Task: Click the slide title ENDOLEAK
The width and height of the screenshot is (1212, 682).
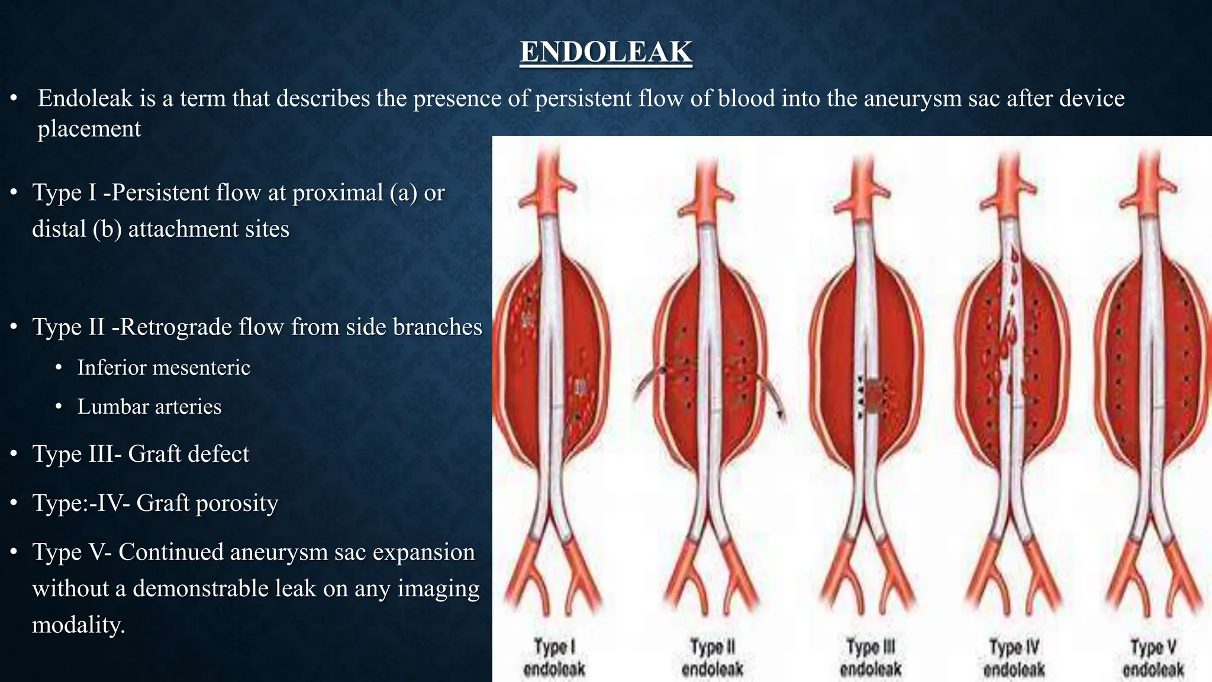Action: click(606, 52)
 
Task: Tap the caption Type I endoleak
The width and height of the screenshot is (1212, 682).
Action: click(554, 658)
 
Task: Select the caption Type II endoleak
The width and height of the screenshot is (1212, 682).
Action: click(712, 658)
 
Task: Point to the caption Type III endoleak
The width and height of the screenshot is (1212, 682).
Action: click(871, 658)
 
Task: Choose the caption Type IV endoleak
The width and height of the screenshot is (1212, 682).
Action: click(1014, 658)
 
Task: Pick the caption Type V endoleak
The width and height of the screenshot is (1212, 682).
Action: click(1153, 658)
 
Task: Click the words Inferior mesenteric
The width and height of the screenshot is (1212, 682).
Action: click(164, 368)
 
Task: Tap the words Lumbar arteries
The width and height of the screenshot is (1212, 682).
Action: click(150, 407)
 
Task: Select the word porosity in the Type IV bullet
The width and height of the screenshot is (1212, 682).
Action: click(237, 503)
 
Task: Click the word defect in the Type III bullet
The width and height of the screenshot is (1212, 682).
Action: click(220, 454)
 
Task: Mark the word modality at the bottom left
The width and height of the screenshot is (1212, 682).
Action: click(78, 625)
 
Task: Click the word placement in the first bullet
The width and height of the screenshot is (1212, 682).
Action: click(89, 128)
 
